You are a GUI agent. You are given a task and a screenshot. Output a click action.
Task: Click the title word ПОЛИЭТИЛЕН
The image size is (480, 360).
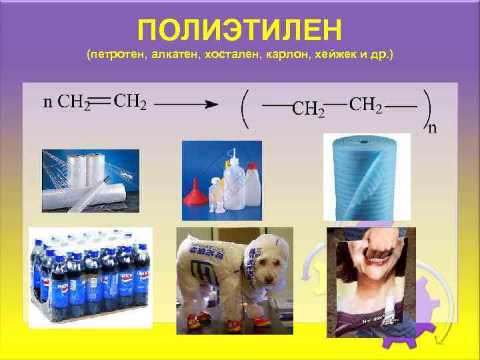pyautogui.click(x=239, y=30)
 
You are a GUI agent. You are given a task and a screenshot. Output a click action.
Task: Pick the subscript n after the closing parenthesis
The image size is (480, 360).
pyautogui.click(x=432, y=127)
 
